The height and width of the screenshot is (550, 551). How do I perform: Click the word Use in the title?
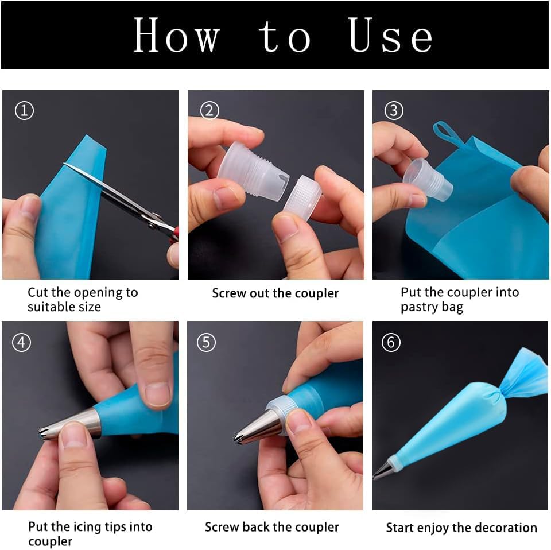tap(390, 35)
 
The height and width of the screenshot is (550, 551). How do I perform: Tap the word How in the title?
tap(177, 35)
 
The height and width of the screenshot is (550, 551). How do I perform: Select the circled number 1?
tap(24, 111)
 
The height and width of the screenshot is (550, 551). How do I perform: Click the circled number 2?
tap(209, 111)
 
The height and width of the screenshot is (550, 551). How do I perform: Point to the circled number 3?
tap(394, 111)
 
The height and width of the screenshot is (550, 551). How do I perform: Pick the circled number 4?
tap(21, 342)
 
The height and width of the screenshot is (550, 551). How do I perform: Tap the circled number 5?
tap(206, 342)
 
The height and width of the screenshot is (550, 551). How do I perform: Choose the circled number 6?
tap(391, 342)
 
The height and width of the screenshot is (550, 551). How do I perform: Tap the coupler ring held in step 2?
tap(302, 198)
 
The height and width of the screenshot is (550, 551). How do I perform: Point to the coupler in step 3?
tap(428, 179)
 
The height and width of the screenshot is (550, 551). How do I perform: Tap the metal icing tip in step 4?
tap(69, 424)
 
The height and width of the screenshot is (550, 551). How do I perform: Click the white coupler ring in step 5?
tap(281, 415)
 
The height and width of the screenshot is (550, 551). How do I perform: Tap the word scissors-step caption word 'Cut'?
tap(38, 292)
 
